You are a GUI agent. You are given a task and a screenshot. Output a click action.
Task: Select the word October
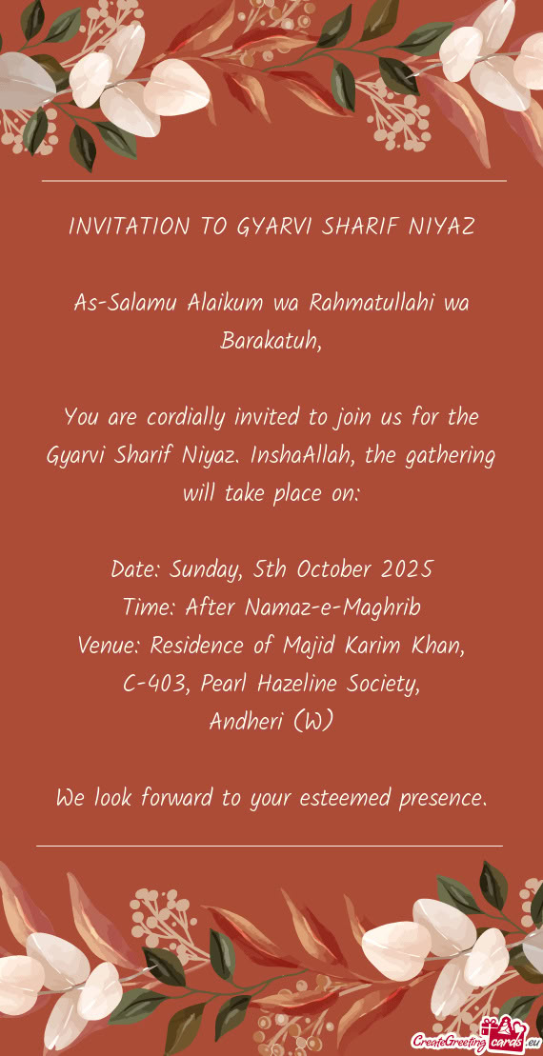pyautogui.click(x=336, y=569)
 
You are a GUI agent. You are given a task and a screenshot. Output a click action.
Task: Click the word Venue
pyautogui.click(x=110, y=646)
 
